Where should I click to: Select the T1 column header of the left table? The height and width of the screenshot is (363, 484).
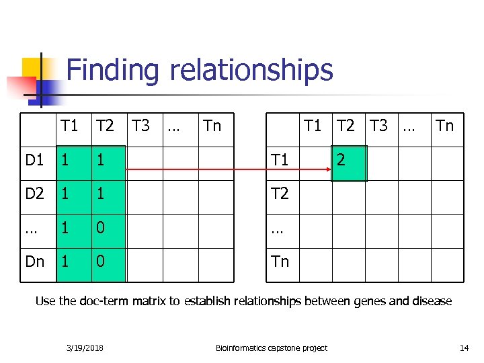69,126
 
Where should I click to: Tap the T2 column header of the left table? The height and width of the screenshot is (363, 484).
105,126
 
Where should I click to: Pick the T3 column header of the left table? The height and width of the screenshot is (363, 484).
140,126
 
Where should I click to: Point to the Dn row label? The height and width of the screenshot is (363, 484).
35,261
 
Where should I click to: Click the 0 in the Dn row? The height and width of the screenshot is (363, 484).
100,261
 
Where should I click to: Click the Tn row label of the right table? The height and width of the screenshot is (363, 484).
280,261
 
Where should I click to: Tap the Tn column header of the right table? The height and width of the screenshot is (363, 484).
445,126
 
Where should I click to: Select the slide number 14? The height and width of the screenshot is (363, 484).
463,348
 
